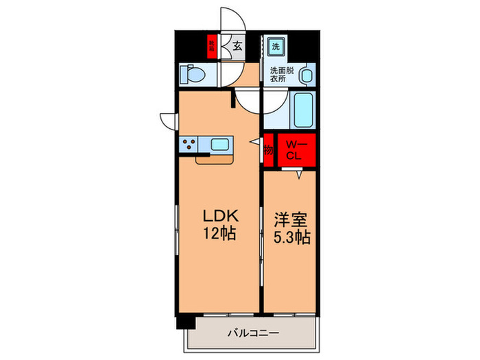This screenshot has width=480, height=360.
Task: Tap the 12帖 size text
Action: [x=219, y=233]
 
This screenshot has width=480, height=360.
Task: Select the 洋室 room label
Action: [x=291, y=221]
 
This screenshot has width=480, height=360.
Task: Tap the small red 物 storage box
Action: [x=268, y=149]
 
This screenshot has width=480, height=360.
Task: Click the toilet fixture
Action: [x=189, y=73]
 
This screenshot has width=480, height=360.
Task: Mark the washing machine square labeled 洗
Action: [x=275, y=47]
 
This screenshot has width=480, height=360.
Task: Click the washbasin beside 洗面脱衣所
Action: [x=307, y=75]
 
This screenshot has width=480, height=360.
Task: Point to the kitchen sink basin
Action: [x=221, y=144]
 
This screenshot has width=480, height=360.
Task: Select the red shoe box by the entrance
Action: [x=213, y=47]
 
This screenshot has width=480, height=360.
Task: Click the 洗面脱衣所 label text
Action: [x=280, y=74]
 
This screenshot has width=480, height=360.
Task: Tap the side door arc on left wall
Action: [x=168, y=119]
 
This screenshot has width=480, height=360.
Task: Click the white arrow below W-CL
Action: [x=299, y=175]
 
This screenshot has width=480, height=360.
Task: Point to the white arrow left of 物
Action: [x=254, y=142]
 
